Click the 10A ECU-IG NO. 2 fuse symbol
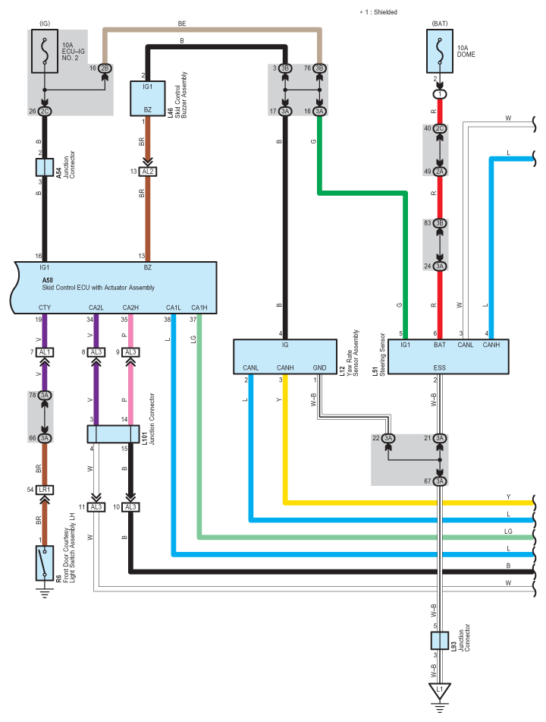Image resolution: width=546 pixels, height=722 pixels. [x=45, y=51]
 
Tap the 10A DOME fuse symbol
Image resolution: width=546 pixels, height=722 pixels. [x=440, y=51]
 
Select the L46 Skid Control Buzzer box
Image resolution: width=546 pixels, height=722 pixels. [x=148, y=98]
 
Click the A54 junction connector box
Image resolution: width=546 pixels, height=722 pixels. [x=45, y=167]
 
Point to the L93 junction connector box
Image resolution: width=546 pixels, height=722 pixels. [x=439, y=641]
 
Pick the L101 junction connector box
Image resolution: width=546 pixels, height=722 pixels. [x=113, y=434]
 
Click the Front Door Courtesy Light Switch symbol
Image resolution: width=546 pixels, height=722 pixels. [x=45, y=563]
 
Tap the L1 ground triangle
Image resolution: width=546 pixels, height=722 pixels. [x=439, y=691]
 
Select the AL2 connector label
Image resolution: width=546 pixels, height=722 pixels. [x=148, y=172]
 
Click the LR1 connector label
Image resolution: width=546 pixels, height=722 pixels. [x=45, y=490]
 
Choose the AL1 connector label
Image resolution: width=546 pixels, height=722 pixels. [x=45, y=352]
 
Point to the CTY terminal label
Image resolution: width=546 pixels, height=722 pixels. [x=45, y=307]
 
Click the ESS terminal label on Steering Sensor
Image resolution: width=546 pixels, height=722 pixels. [x=439, y=368]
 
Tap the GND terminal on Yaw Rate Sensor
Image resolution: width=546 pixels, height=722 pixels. [x=319, y=368]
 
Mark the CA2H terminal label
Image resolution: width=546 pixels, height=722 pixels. [x=130, y=307]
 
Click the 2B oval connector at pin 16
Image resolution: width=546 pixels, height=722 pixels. [x=105, y=68]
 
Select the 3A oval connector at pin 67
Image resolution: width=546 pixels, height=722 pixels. [x=440, y=481]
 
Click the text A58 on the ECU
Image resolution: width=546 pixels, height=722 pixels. [x=47, y=280]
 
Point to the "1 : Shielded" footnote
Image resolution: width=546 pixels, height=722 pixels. [x=381, y=12]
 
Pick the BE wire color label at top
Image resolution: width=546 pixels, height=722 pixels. [x=182, y=24]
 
